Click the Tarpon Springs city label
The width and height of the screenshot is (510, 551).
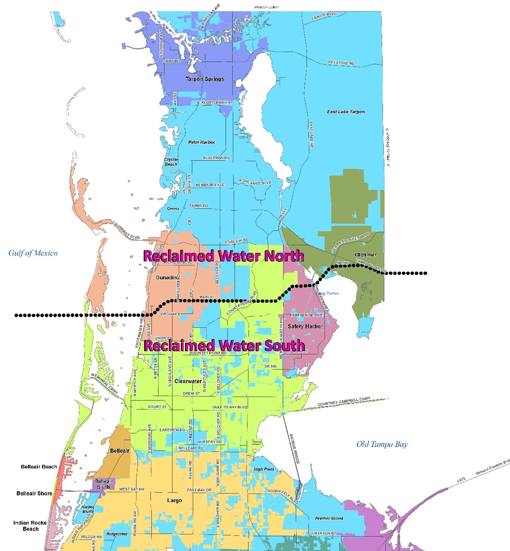tap(205, 79)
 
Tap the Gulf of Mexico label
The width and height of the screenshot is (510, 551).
tap(33, 253)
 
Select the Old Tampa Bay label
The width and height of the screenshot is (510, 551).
tap(382, 444)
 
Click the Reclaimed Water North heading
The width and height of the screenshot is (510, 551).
tap(223, 256)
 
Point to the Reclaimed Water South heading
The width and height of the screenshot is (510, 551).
tap(224, 345)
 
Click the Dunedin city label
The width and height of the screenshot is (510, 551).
tap(166, 278)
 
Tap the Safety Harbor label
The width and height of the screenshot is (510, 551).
tap(305, 326)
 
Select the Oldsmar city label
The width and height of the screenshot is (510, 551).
tap(365, 255)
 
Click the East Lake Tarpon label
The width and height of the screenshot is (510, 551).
tap(346, 112)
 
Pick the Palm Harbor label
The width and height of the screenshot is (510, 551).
tap(201, 142)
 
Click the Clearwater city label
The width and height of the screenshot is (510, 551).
tap(188, 381)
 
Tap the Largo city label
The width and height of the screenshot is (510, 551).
tap(174, 500)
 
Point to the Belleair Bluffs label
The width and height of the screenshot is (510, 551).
tap(104, 484)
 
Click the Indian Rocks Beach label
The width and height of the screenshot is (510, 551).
tap(30, 526)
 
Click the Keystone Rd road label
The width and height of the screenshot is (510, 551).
tap(341, 63)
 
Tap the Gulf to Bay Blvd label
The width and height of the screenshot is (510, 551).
tap(230, 407)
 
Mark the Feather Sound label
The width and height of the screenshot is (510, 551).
tap(329, 518)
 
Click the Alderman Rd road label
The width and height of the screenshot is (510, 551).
tap(216, 158)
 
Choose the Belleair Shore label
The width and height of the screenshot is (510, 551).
tap(34, 494)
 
